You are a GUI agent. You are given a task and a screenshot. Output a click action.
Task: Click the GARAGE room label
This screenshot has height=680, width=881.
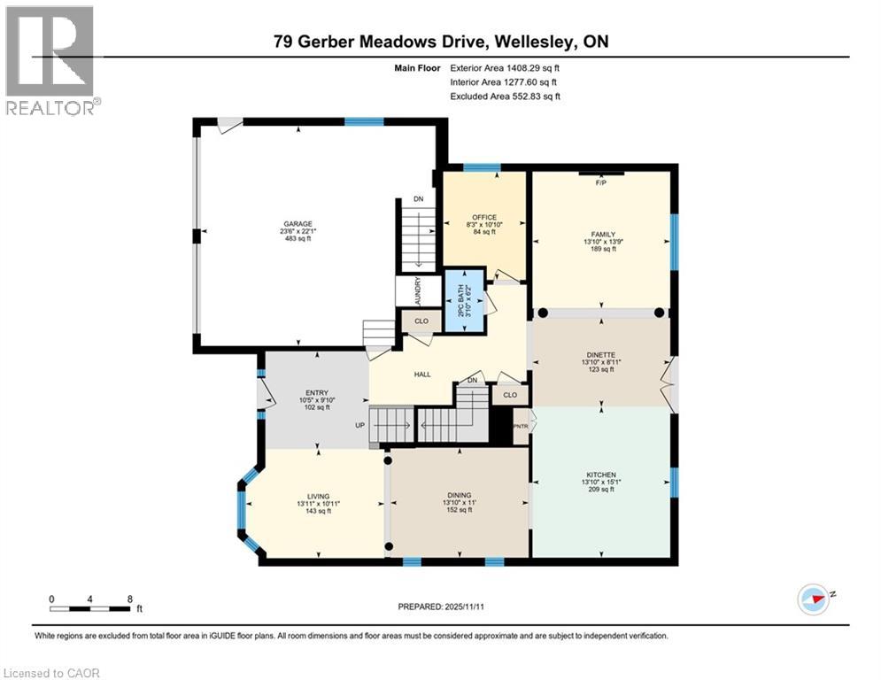[x=298, y=224]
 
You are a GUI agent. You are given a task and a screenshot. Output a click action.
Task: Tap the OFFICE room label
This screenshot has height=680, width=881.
[x=483, y=217]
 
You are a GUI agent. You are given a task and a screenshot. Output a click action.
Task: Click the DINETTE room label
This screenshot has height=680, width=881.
[x=599, y=355]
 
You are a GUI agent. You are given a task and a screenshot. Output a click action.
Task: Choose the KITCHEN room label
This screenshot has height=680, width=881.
[x=599, y=475]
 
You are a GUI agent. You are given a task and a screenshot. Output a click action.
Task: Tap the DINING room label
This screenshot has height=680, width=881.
[x=459, y=495]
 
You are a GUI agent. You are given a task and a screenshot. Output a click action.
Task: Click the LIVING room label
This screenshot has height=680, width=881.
[x=318, y=496]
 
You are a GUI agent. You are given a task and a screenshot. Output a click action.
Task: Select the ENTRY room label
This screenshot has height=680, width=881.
[x=317, y=392]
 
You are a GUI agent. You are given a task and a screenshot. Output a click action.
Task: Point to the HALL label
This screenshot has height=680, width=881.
[x=422, y=375]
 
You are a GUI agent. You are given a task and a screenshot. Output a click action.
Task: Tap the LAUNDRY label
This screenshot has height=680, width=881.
[x=418, y=290]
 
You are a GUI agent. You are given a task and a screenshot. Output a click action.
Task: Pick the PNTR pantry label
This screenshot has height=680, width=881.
[x=521, y=426]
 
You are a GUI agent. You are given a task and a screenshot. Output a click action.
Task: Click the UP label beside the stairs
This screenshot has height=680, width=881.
[x=360, y=425]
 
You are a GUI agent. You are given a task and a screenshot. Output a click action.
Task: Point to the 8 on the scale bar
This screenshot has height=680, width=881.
[x=130, y=599]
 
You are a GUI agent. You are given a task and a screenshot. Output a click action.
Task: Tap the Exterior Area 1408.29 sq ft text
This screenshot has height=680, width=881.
[x=505, y=66]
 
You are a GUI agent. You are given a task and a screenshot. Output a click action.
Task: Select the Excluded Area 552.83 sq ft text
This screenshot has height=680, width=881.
[x=505, y=97]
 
